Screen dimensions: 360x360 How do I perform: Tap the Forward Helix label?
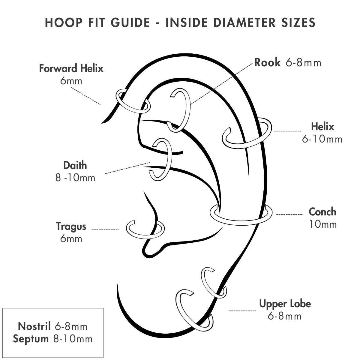[x=71, y=68]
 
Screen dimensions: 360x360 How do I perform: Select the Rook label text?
[x=267, y=62]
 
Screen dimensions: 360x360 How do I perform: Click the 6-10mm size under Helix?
[x=322, y=139]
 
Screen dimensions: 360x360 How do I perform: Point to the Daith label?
[x=75, y=165]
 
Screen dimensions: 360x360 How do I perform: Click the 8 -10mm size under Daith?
[x=75, y=178]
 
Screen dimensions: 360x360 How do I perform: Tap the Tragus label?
[x=71, y=226]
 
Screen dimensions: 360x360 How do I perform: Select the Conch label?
[x=322, y=212]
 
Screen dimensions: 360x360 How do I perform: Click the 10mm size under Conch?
[x=323, y=224]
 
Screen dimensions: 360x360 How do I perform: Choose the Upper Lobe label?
[x=285, y=304]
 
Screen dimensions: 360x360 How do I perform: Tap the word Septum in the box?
[x=31, y=339]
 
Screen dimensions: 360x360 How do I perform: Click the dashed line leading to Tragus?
[x=105, y=230]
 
